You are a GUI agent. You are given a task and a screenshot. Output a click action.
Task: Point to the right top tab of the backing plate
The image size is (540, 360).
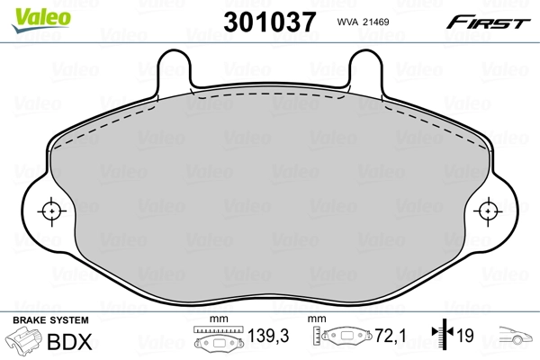coord(366,67)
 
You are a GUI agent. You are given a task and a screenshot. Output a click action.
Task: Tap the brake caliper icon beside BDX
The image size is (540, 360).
coord(24,343)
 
